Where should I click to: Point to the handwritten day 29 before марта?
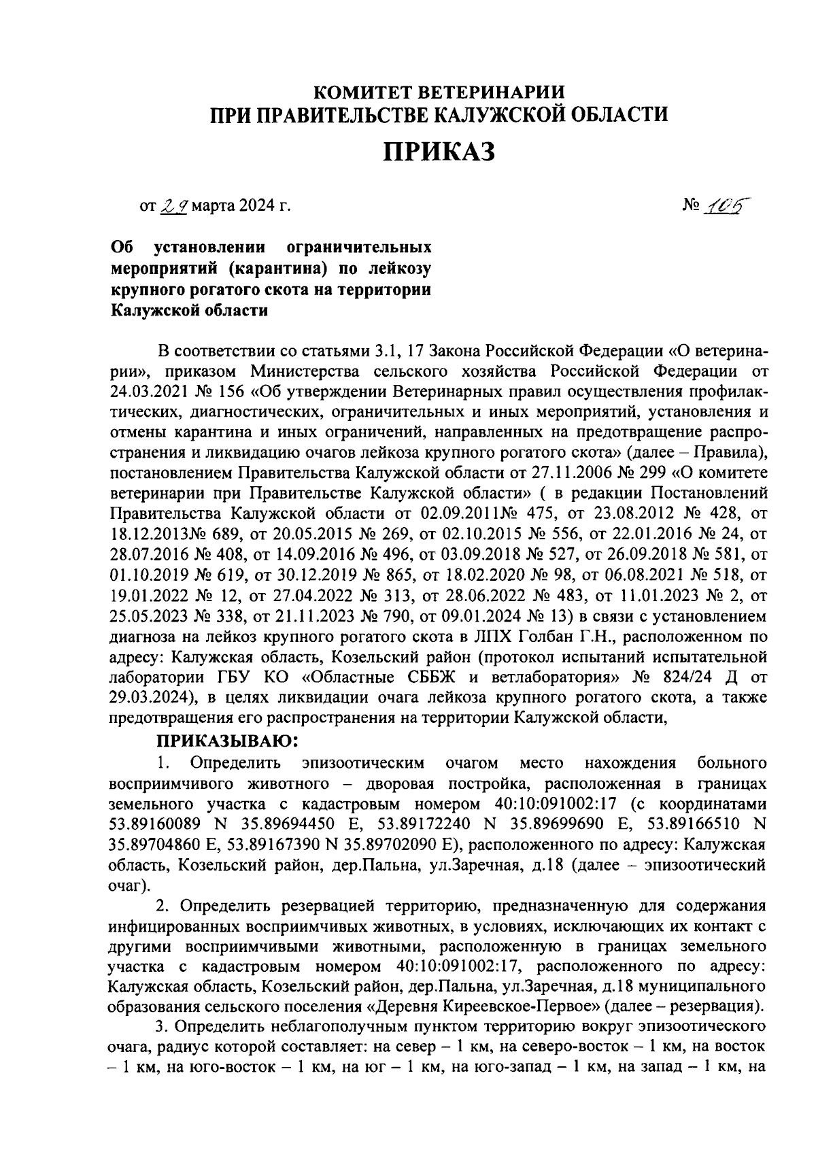pos(175,205)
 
